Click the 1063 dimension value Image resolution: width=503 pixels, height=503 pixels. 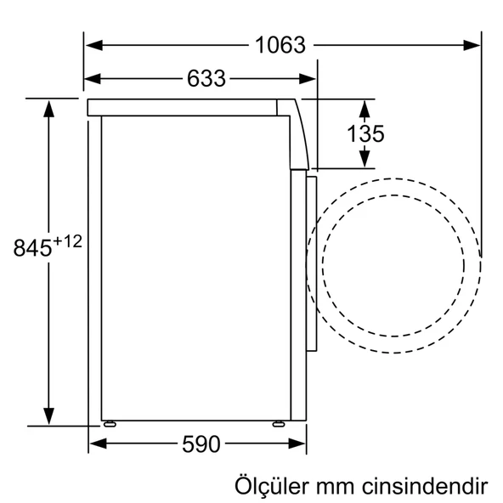[280, 45]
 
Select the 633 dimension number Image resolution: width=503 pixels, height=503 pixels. [206, 79]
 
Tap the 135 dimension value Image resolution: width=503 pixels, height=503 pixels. [365, 133]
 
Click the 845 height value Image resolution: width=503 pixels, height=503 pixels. [33, 248]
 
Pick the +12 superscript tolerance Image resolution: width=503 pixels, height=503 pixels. [67, 241]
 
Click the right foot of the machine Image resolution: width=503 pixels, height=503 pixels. [277, 422]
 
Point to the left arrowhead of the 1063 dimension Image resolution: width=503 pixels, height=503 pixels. [90, 45]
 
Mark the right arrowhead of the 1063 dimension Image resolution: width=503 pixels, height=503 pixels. [475, 45]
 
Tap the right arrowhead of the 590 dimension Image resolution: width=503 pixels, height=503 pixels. [299, 444]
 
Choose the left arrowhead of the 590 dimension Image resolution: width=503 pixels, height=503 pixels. [95, 444]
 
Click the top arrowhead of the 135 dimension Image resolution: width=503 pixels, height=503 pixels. [365, 105]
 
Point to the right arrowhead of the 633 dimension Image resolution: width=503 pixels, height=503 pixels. [310, 79]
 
